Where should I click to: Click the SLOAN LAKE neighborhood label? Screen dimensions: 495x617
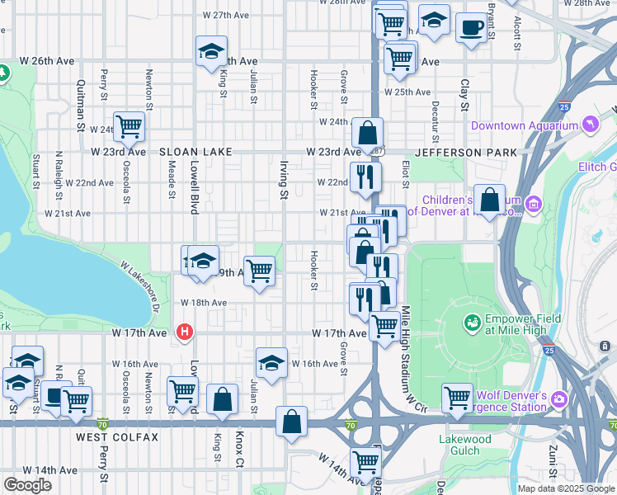(194, 152)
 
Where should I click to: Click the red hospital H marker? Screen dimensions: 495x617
(185, 332)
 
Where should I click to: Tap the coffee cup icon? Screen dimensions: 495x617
(471, 28)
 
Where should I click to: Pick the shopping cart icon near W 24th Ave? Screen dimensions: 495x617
(130, 126)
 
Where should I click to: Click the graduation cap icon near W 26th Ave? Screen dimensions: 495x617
(211, 51)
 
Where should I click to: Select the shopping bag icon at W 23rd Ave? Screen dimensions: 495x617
(367, 131)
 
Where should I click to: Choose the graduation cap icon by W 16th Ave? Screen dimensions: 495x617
(271, 361)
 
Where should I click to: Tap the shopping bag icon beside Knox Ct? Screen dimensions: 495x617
(222, 399)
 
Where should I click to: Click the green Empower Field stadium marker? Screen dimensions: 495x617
(473, 322)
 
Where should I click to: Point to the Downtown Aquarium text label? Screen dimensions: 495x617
(524, 125)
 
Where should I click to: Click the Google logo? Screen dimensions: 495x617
(28, 485)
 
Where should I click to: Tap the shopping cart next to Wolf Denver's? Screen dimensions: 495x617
(456, 398)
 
